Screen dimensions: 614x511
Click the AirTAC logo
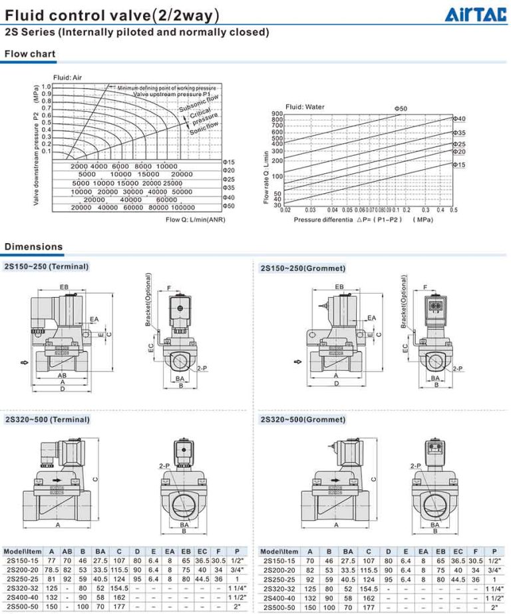click(478, 15)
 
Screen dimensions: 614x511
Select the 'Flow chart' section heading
click(29, 54)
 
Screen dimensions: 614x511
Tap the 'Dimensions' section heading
click(33, 247)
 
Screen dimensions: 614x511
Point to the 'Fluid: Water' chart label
click(305, 107)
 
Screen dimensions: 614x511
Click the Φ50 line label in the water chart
click(401, 108)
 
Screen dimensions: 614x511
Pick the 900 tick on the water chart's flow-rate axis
click(277, 113)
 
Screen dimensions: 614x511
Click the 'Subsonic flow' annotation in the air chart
click(198, 103)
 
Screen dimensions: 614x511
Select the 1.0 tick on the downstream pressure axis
click(46, 87)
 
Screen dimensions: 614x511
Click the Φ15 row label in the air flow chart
click(228, 162)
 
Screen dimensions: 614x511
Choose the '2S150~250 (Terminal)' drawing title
click(47, 266)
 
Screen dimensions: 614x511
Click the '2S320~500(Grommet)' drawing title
click(303, 420)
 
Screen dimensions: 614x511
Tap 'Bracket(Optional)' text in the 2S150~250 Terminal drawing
click(149, 300)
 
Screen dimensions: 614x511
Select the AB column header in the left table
click(67, 551)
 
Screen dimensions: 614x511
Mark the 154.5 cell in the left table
click(119, 589)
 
